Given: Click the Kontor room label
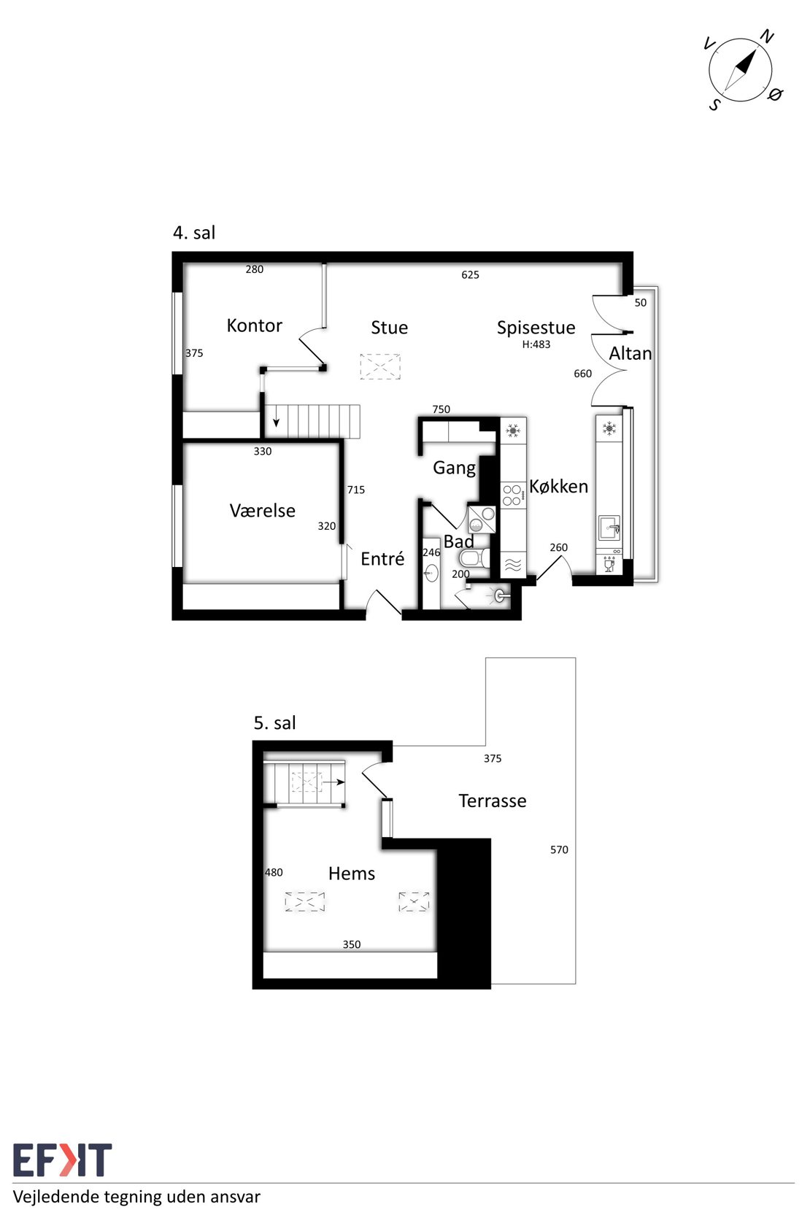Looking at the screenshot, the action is (x=255, y=325).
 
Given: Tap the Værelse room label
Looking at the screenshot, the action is (x=263, y=510).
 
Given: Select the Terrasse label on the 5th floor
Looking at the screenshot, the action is (x=493, y=801).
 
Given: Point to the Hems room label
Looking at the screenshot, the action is (x=352, y=873).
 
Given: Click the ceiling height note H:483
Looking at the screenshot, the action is (x=536, y=344).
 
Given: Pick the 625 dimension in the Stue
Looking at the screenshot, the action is (x=471, y=275).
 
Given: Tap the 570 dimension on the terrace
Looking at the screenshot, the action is (x=560, y=850).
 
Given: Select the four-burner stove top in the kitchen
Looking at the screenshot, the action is (x=513, y=495).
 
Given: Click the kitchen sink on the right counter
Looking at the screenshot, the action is (x=609, y=528).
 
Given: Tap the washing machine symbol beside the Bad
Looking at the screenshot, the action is (x=482, y=520).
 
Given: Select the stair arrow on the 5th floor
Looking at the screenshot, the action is (x=333, y=782).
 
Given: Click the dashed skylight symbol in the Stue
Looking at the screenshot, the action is (x=380, y=366).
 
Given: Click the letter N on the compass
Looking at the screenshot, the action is (x=767, y=37).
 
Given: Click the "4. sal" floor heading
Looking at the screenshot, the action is (x=194, y=233).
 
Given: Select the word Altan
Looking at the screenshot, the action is (x=630, y=354).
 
